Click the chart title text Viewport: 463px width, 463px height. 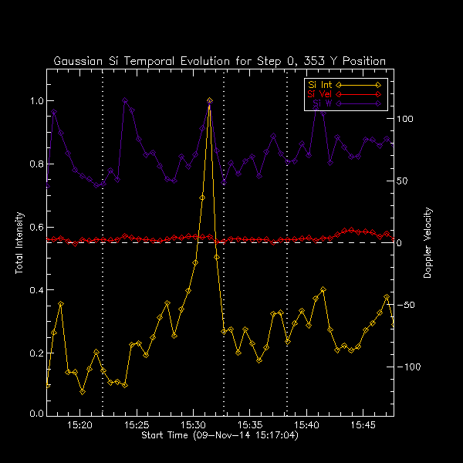[219, 61]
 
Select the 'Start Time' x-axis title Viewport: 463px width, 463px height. [219, 436]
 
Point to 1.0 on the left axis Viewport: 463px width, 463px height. [35, 101]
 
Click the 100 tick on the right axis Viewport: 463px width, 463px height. [406, 120]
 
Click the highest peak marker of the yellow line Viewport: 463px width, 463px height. [209, 101]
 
